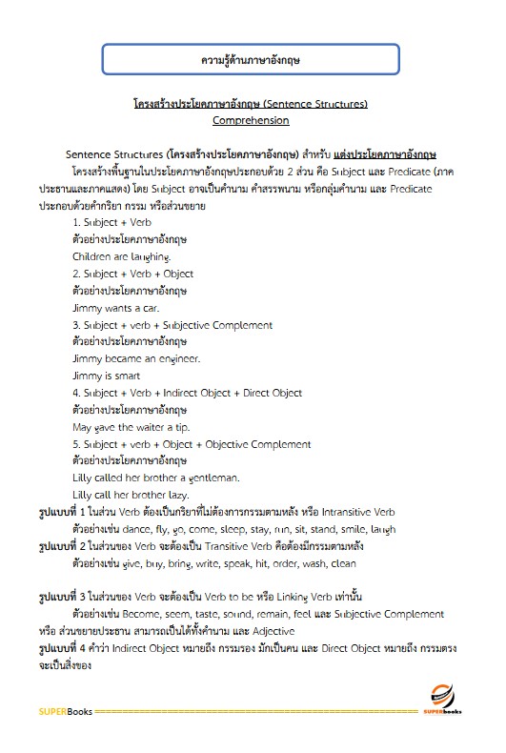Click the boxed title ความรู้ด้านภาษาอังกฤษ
[252, 60]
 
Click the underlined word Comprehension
[251, 120]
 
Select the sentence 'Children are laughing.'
[121, 256]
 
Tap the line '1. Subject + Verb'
[111, 222]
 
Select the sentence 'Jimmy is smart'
[106, 376]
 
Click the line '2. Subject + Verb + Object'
[132, 274]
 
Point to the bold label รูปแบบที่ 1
[63, 512]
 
